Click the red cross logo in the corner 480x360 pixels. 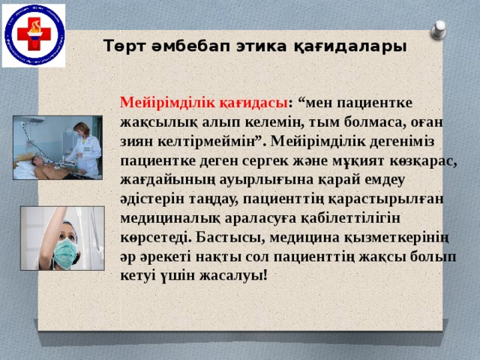33,34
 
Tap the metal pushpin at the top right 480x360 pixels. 439,31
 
